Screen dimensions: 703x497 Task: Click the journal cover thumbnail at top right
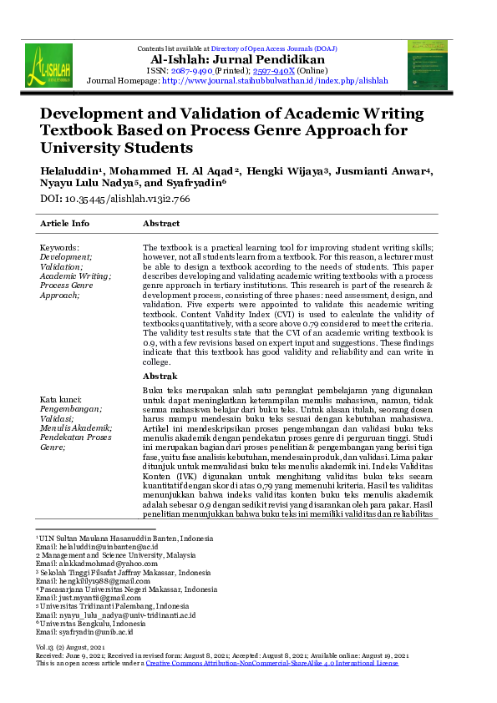427,65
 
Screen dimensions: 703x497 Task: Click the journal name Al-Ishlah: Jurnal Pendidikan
249,60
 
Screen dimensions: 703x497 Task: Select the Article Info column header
64,224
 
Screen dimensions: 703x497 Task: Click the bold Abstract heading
160,224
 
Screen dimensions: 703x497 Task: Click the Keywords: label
59,248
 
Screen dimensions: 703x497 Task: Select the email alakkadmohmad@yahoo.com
84,564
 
